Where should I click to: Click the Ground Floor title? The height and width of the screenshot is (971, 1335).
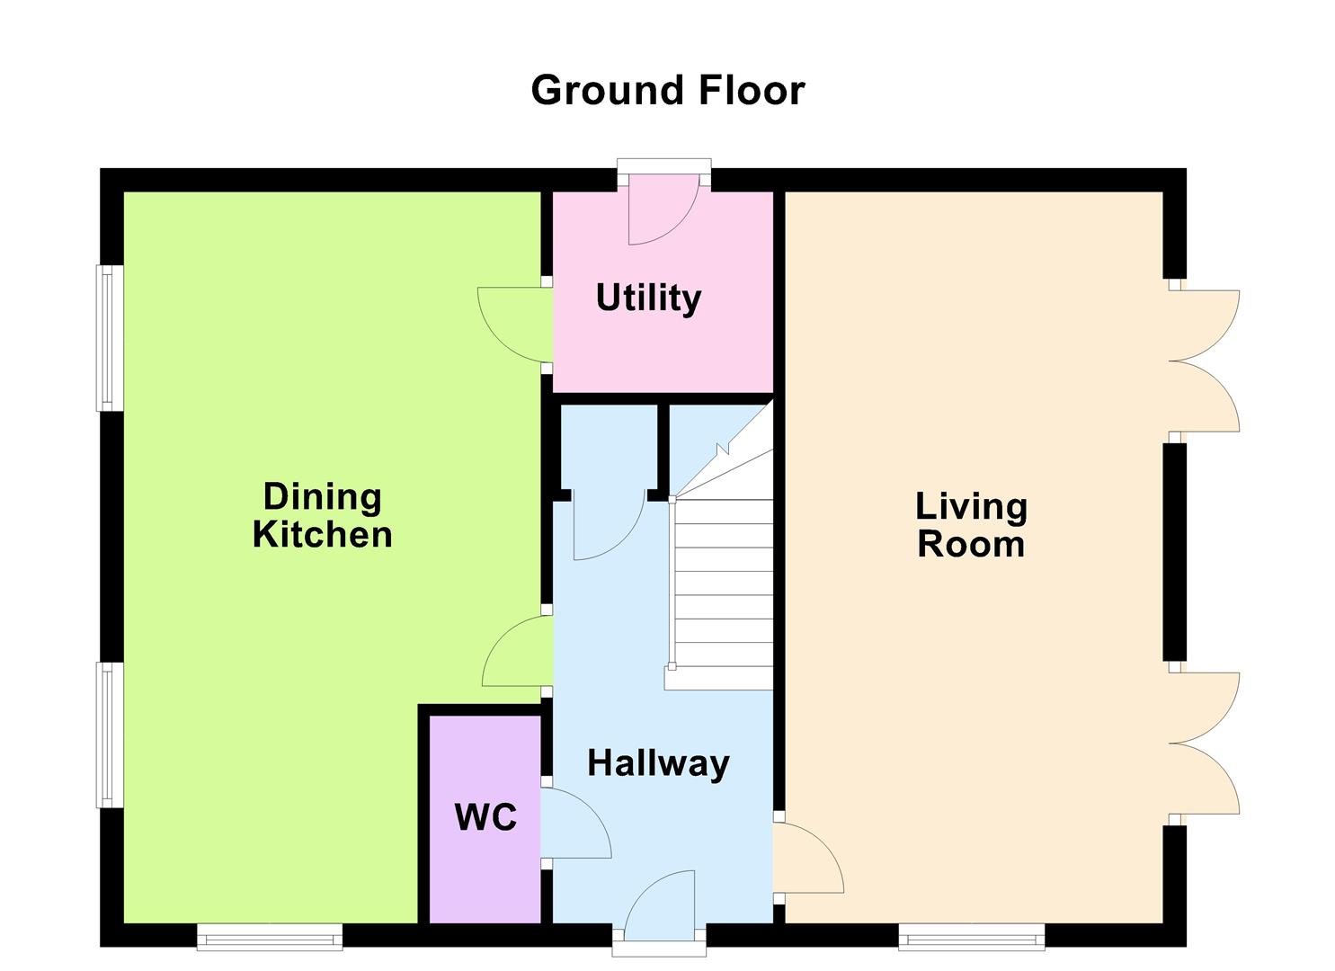(668, 91)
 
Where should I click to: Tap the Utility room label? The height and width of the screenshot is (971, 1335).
(648, 298)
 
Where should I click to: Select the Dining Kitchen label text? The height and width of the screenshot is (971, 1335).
(323, 515)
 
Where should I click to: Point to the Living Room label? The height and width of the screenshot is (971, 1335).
(971, 525)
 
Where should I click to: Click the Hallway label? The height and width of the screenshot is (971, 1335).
(659, 763)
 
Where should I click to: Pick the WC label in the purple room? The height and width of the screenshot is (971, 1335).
(485, 816)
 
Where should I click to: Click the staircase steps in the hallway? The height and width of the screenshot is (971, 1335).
(719, 593)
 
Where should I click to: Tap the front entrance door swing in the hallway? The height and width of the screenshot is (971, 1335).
(660, 906)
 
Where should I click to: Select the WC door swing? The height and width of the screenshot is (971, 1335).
(575, 824)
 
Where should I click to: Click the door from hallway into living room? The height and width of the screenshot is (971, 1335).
(808, 858)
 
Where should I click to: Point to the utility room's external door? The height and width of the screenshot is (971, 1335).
(664, 209)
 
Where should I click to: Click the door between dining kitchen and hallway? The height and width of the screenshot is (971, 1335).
(518, 651)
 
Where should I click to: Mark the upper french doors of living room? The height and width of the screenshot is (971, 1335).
(1204, 361)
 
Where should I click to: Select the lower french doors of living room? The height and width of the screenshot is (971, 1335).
(1204, 743)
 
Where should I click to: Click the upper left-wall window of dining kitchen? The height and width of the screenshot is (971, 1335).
(110, 338)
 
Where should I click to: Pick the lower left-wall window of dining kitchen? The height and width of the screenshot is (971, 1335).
(110, 735)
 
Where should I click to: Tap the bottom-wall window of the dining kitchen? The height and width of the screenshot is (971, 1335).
(270, 937)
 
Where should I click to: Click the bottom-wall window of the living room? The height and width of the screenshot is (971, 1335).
(972, 937)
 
